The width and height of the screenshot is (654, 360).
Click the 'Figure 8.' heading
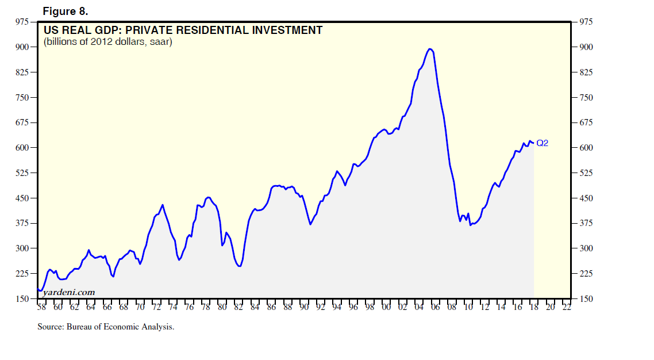[66, 12]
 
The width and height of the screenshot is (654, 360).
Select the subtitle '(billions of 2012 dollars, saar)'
[108, 42]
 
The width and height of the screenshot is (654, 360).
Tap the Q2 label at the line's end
[542, 143]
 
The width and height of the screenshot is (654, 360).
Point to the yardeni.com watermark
[68, 292]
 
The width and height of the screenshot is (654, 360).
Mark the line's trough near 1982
[239, 266]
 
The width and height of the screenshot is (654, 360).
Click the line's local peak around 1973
[163, 205]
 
